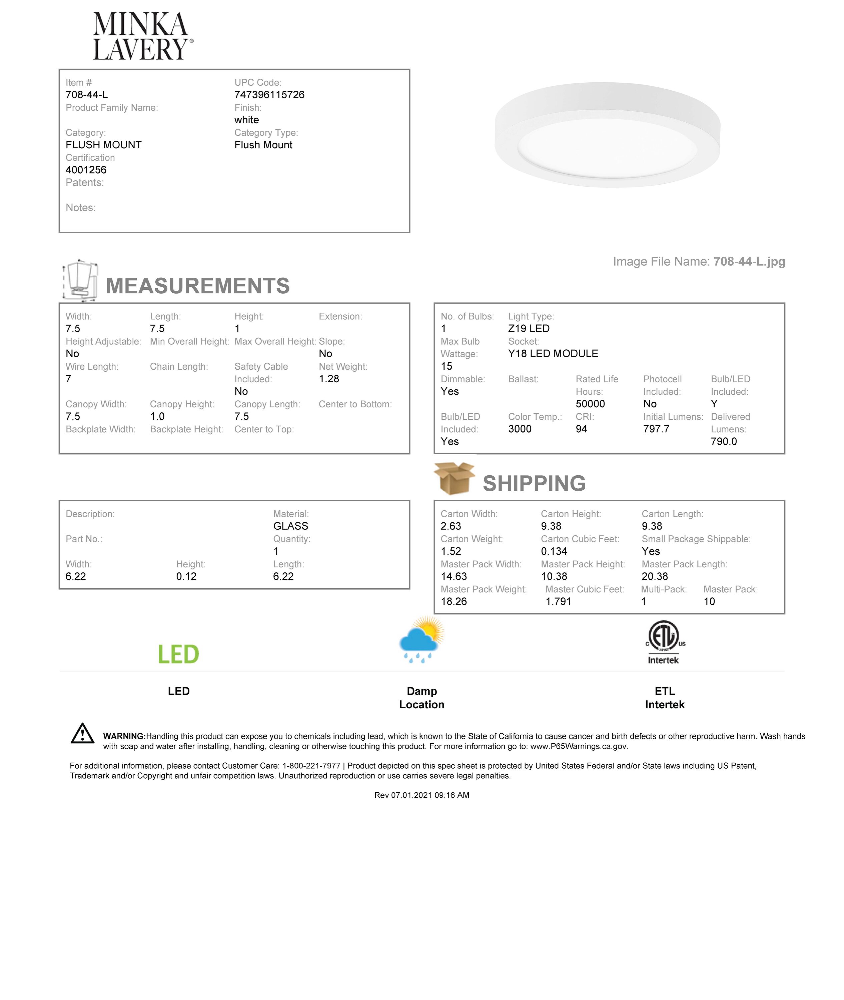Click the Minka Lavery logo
point(143,36)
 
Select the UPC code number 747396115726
point(269,95)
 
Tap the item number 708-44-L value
point(87,95)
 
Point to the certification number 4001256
point(86,170)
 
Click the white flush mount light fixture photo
point(607,135)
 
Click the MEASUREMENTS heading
point(198,286)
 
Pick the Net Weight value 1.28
point(329,379)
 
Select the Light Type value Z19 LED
point(529,329)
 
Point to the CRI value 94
point(581,429)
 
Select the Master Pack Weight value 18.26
point(454,602)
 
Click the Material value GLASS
point(291,526)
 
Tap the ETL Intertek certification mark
point(665,642)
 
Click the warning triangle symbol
point(82,734)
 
